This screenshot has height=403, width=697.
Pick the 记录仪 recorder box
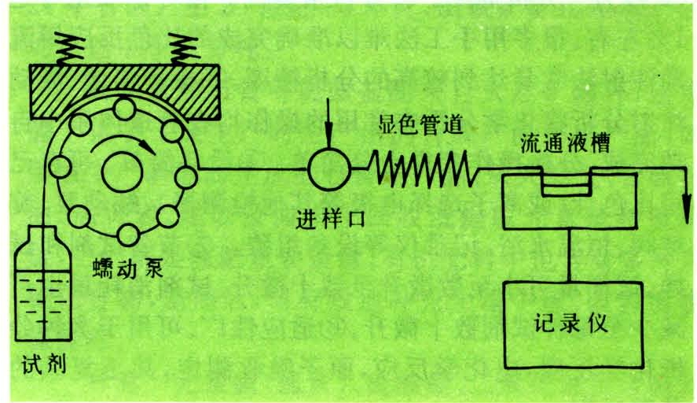(574, 324)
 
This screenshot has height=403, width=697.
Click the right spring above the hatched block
(185, 50)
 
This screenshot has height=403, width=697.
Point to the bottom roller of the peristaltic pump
(126, 233)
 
